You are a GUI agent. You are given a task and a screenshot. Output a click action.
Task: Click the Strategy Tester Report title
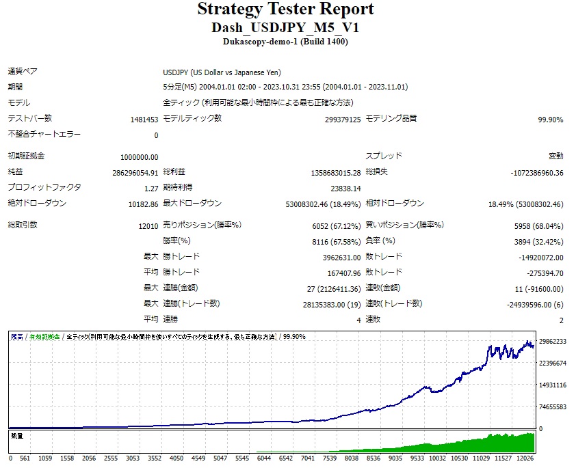pos(285,10)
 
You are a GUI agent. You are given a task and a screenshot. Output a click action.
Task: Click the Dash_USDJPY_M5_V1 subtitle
pos(285,28)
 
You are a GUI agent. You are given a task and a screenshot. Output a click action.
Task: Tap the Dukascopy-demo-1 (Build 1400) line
pos(285,42)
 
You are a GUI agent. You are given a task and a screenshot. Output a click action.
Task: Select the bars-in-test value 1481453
pos(144,120)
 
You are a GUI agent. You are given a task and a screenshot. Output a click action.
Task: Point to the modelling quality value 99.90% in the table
pos(550,120)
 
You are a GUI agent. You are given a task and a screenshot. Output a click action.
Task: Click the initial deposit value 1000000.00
pos(139,157)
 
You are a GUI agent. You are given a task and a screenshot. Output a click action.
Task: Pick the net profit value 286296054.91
pos(135,173)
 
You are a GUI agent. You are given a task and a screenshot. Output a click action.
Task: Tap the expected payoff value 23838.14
pos(345,189)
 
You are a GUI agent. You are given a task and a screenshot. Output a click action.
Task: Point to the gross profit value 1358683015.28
pos(335,173)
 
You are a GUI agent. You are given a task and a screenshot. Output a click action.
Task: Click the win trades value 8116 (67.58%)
pos(337,242)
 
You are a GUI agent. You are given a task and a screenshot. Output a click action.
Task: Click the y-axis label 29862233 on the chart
pos(552,342)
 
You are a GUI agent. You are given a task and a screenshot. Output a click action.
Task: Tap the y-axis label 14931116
pos(552,385)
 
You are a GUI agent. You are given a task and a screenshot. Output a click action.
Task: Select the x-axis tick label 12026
pos(525,458)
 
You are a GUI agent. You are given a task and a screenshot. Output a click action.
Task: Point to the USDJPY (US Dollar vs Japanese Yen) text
pos(222,73)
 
